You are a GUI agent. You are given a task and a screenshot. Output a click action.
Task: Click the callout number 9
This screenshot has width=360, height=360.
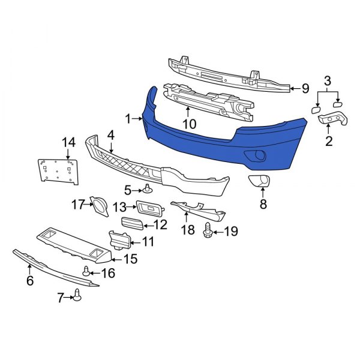(x=305, y=89)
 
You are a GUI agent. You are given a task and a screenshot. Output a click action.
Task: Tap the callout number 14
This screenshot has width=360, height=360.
(x=69, y=142)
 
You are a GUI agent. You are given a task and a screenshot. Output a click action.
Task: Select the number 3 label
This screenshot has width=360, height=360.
(x=328, y=80)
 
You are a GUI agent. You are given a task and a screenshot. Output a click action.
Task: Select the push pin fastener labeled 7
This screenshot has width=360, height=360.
(x=77, y=294)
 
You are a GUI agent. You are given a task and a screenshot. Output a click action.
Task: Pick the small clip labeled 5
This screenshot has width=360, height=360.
(x=147, y=191)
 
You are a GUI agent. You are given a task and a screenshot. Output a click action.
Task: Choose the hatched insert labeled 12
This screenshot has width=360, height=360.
(x=134, y=224)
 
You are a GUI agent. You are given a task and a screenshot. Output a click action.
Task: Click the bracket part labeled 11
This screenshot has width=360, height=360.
(x=119, y=240)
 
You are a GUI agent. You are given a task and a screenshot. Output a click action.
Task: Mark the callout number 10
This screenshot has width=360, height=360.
(x=189, y=125)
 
